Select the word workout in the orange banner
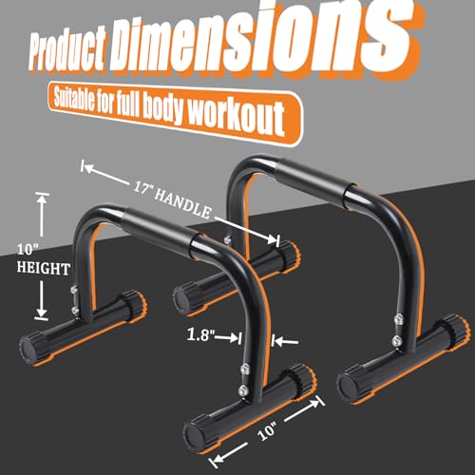click(x=236, y=118)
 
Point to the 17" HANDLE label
click(x=171, y=200)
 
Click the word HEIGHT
click(x=43, y=269)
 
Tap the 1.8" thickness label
click(x=200, y=334)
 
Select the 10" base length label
click(x=267, y=430)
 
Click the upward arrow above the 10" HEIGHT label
click(x=42, y=215)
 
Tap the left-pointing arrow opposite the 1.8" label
click(x=284, y=341)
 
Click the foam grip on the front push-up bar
click(x=161, y=229)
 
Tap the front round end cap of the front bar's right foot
click(x=195, y=435)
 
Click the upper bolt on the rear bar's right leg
click(x=398, y=320)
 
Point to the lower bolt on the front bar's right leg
click(x=243, y=389)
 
